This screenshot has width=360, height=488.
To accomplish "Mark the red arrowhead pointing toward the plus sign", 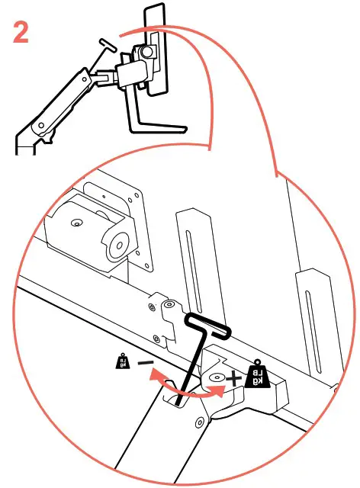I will tap(221, 391).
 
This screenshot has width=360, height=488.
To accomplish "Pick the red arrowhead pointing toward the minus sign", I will tap(155, 374).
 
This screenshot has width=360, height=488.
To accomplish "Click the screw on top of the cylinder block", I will tap(76, 223).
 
